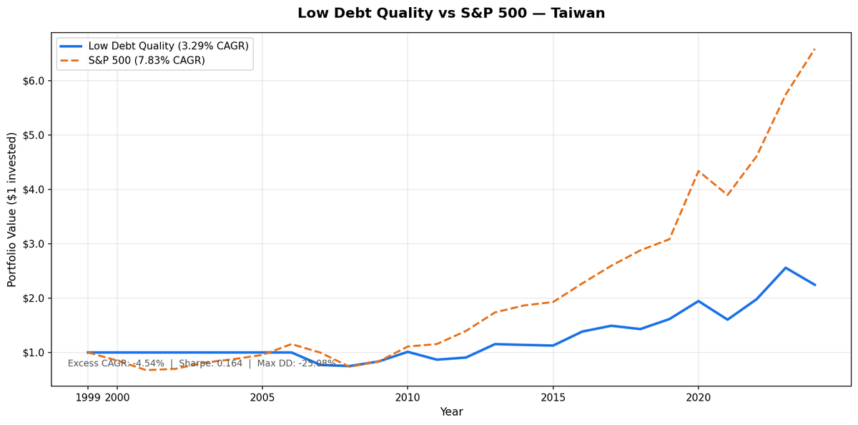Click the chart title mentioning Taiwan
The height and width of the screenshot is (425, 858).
click(450, 14)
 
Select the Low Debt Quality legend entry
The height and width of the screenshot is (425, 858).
click(168, 46)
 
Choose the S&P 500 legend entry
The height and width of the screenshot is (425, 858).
click(146, 61)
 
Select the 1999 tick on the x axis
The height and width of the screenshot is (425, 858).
click(88, 397)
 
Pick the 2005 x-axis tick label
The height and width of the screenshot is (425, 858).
click(262, 397)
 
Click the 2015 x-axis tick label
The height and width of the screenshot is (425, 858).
click(553, 397)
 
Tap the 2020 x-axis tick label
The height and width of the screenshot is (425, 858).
click(698, 397)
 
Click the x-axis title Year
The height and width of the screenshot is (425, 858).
click(451, 412)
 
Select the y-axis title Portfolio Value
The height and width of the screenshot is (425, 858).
click(12, 210)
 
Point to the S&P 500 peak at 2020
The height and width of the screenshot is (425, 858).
click(698, 171)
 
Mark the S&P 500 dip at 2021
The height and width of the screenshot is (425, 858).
click(727, 195)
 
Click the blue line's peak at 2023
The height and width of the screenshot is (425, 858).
click(786, 268)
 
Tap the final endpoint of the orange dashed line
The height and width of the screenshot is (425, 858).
click(814, 49)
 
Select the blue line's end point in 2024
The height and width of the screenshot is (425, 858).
click(814, 285)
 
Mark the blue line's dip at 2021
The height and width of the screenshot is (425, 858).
click(727, 319)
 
